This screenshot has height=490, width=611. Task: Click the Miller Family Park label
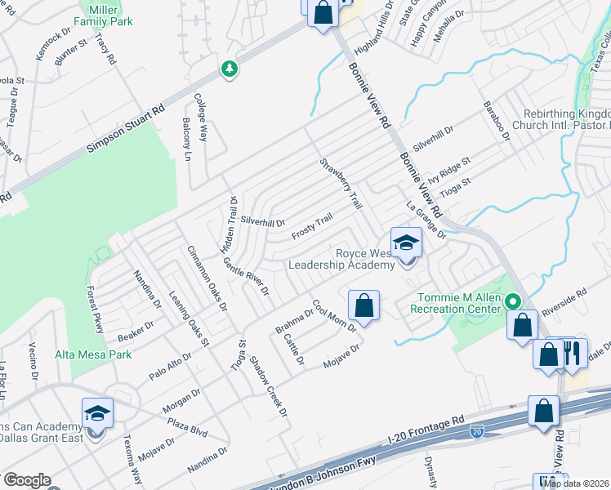103,14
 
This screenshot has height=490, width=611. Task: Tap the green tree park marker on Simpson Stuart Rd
230,69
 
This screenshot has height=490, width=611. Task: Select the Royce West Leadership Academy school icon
406,243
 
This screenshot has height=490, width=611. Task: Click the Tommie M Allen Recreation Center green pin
513,301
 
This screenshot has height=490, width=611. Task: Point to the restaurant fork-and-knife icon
573,353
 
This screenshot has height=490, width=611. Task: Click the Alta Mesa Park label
93,354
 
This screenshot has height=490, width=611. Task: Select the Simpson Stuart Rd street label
126,128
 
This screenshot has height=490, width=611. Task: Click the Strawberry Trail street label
341,183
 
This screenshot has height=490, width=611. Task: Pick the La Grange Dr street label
426,220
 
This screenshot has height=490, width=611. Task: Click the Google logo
26,480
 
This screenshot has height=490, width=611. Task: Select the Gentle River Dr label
246,276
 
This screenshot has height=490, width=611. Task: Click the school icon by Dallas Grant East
97,414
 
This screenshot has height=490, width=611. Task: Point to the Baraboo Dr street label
496,119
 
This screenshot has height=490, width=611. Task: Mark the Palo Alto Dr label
170,367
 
